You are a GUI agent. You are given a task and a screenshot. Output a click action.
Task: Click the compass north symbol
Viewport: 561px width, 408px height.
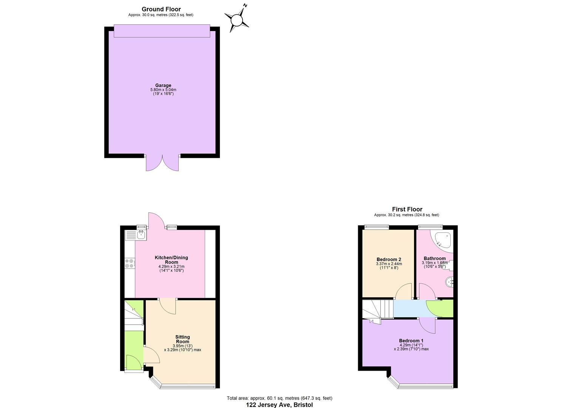click(x=237, y=19)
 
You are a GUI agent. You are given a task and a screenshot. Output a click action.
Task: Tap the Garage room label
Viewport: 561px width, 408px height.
click(x=163, y=85)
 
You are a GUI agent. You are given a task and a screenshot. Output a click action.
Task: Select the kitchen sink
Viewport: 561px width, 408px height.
click(x=141, y=235)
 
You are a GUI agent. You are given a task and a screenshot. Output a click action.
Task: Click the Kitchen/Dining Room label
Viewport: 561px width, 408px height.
click(x=171, y=260)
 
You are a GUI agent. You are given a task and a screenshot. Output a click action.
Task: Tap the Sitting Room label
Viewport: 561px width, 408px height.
click(x=182, y=339)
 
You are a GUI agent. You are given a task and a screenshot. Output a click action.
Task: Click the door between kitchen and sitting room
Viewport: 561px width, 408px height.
click(x=168, y=306)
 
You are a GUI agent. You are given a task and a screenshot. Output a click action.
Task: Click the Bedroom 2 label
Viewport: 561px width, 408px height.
click(x=389, y=260)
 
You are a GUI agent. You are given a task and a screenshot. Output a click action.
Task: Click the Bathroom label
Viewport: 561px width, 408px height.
click(x=434, y=259)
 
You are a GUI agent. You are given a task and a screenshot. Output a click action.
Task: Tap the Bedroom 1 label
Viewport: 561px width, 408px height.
click(x=411, y=341)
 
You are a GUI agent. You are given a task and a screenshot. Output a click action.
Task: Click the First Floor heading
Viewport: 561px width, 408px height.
click(x=407, y=209)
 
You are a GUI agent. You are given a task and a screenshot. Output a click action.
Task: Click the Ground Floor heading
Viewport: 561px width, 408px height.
click(x=161, y=9)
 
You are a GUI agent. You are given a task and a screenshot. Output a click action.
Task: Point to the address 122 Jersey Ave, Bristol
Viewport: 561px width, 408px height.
click(x=280, y=405)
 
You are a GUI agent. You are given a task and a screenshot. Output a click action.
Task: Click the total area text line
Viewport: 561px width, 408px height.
click(x=280, y=398)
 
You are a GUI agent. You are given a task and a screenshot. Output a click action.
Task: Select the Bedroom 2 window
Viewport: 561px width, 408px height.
click(x=377, y=227)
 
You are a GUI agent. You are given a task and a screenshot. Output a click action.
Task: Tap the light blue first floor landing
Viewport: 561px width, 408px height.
click(x=410, y=309)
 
